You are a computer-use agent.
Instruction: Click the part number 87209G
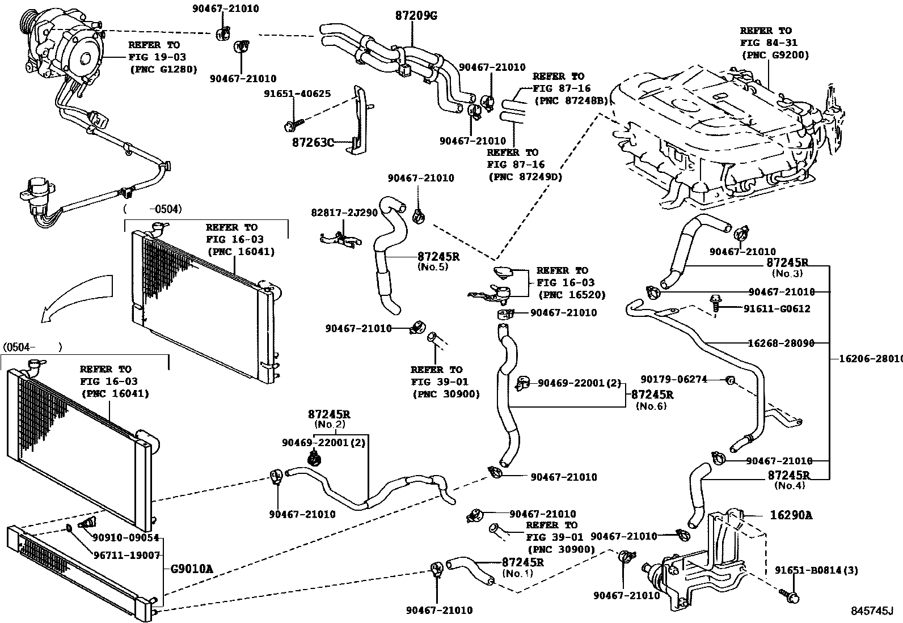click(416, 16)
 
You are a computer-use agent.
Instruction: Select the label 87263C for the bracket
click(313, 142)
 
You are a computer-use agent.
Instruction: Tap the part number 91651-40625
click(297, 94)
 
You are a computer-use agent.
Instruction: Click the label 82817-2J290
click(344, 213)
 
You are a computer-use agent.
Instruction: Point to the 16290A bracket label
click(791, 515)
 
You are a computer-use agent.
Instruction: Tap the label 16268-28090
click(781, 343)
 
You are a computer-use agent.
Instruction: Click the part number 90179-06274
click(674, 379)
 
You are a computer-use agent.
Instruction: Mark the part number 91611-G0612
click(777, 309)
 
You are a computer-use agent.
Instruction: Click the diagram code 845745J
click(871, 611)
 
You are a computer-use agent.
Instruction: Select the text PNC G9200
click(775, 55)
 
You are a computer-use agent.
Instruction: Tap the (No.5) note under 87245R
click(433, 266)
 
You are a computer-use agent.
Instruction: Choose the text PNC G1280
click(163, 69)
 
